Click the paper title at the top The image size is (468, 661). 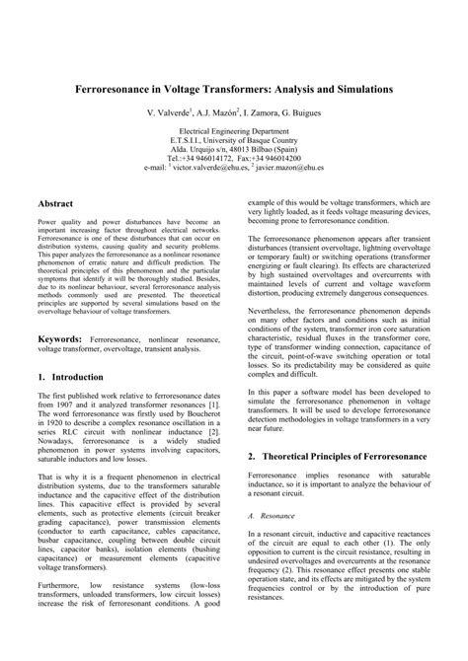tap(234, 88)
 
